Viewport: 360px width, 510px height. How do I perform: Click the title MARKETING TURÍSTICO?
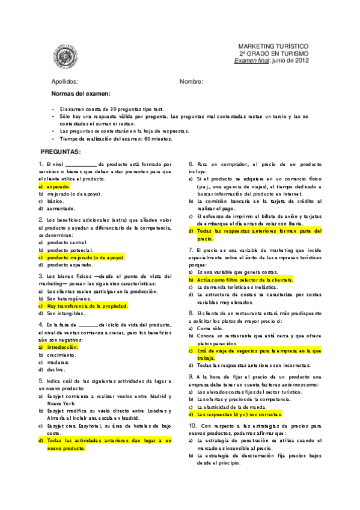pyautogui.click(x=273, y=46)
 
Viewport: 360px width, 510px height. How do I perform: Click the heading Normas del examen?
pyautogui.click(x=81, y=94)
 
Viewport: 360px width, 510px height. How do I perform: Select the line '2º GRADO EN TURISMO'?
pyautogui.click(x=273, y=53)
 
